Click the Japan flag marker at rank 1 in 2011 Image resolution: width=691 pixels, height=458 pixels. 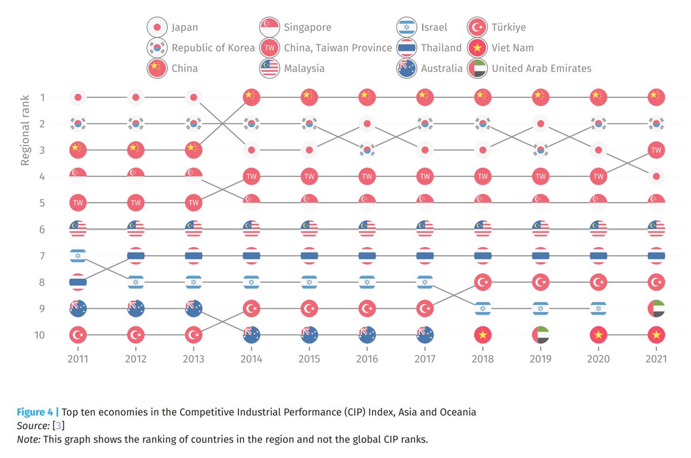click(x=78, y=97)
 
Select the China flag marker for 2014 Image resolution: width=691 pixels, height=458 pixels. click(x=251, y=97)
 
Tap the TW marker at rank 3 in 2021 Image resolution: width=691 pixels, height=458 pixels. click(x=656, y=150)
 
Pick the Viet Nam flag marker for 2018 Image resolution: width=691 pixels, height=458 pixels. click(x=483, y=334)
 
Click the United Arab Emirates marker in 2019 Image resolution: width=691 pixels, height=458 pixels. click(x=540, y=334)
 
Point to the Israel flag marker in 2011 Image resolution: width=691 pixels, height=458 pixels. click(x=78, y=255)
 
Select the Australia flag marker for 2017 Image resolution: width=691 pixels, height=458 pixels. click(x=424, y=334)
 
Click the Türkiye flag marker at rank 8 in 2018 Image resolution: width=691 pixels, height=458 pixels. click(x=483, y=282)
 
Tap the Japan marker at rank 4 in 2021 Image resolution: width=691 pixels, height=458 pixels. click(x=656, y=177)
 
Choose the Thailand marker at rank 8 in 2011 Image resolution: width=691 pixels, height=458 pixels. click(x=78, y=282)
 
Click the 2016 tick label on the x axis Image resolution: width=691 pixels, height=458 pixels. click(x=367, y=359)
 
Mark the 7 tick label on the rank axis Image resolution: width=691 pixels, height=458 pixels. click(x=41, y=255)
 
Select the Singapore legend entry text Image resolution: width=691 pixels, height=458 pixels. click(x=307, y=27)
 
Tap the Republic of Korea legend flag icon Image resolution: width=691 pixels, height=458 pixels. click(x=157, y=48)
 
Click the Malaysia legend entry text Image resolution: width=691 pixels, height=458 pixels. click(x=304, y=68)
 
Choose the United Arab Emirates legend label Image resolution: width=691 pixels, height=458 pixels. click(x=541, y=68)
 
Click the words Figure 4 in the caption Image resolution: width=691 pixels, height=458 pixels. click(x=35, y=412)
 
